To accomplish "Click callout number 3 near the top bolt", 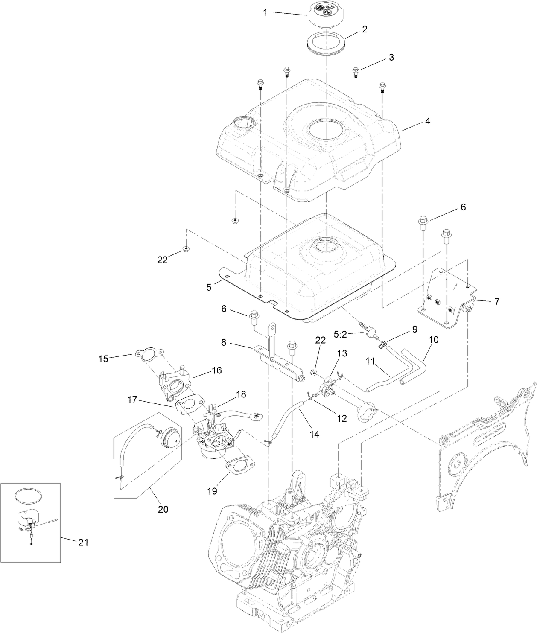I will pyautogui.click(x=391, y=57).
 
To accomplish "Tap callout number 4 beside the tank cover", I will pyautogui.click(x=427, y=121).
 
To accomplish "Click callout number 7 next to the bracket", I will pyautogui.click(x=496, y=301).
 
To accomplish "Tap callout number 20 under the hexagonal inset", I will pyautogui.click(x=163, y=509).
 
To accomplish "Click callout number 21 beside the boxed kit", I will pyautogui.click(x=83, y=542).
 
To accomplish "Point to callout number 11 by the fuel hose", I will pyautogui.click(x=370, y=361).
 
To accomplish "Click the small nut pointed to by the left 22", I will pyautogui.click(x=186, y=248).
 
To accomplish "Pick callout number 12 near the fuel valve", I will pyautogui.click(x=342, y=418).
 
